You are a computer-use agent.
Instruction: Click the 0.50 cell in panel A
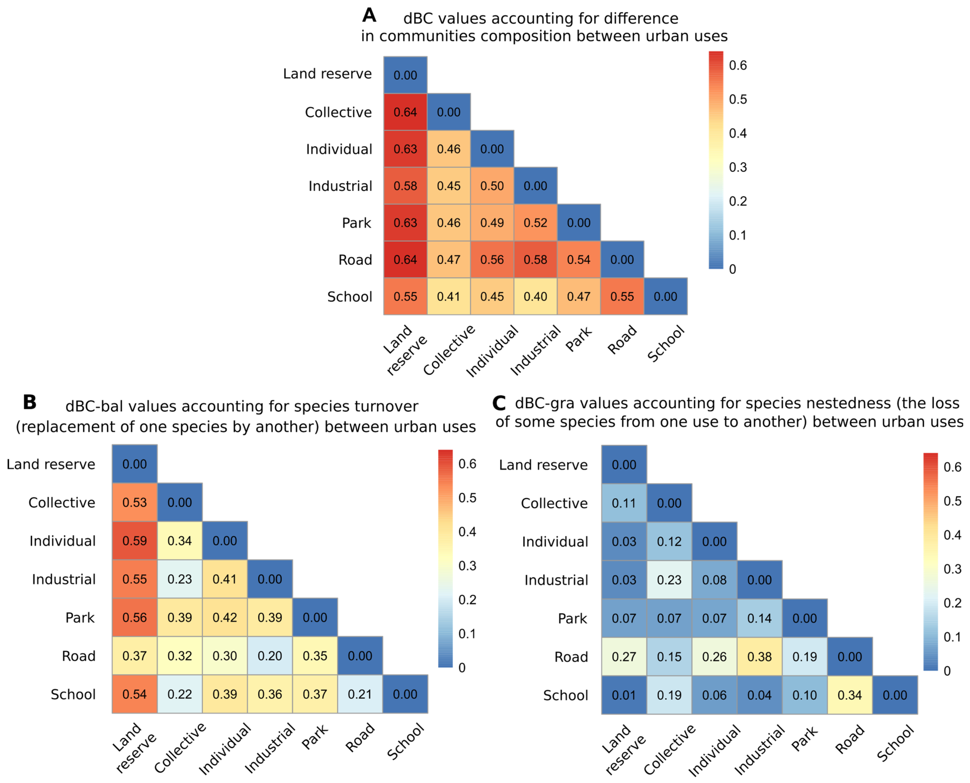[492, 186]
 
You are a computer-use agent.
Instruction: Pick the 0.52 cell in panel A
[535, 223]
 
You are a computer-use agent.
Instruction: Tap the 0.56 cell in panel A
[492, 260]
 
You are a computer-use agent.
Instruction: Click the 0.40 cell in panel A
[535, 296]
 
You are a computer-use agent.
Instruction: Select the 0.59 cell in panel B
[135, 541]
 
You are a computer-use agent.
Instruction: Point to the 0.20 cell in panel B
[270, 656]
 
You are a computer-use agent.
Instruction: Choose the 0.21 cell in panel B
[360, 694]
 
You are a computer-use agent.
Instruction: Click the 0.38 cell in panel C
[760, 657]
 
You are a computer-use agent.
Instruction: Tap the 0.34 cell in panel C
[850, 695]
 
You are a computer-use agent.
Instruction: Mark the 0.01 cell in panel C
[624, 695]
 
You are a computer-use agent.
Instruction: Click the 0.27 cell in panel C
[624, 657]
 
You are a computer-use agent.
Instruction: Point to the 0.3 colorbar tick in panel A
[738, 167]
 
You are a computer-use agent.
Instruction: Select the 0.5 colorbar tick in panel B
[467, 498]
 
